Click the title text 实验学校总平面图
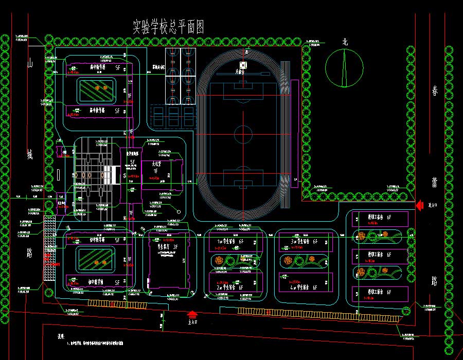[x=168, y=27]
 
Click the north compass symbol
[x=344, y=67]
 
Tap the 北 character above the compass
[x=345, y=43]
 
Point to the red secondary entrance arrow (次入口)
[x=419, y=205]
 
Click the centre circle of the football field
[x=244, y=135]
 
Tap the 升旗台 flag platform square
[x=243, y=65]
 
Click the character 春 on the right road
[x=435, y=91]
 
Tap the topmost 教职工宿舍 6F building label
[x=379, y=218]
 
